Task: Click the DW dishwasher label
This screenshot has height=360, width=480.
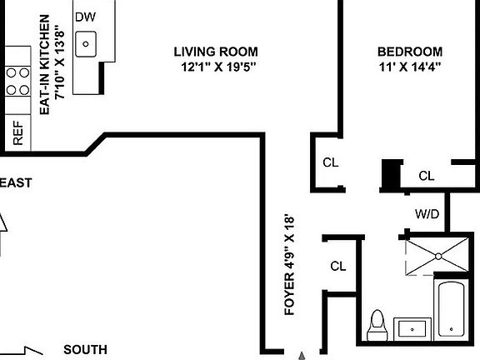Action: pos(84,17)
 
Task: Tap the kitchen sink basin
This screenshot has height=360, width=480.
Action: pos(86,43)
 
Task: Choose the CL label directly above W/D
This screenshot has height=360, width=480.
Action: pos(427,176)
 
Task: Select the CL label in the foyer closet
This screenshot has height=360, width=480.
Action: pos(337,267)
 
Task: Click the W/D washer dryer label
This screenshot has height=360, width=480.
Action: pos(427,212)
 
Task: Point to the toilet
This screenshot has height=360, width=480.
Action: pos(377,325)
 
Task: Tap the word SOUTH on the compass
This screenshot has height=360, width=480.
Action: pos(85,350)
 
